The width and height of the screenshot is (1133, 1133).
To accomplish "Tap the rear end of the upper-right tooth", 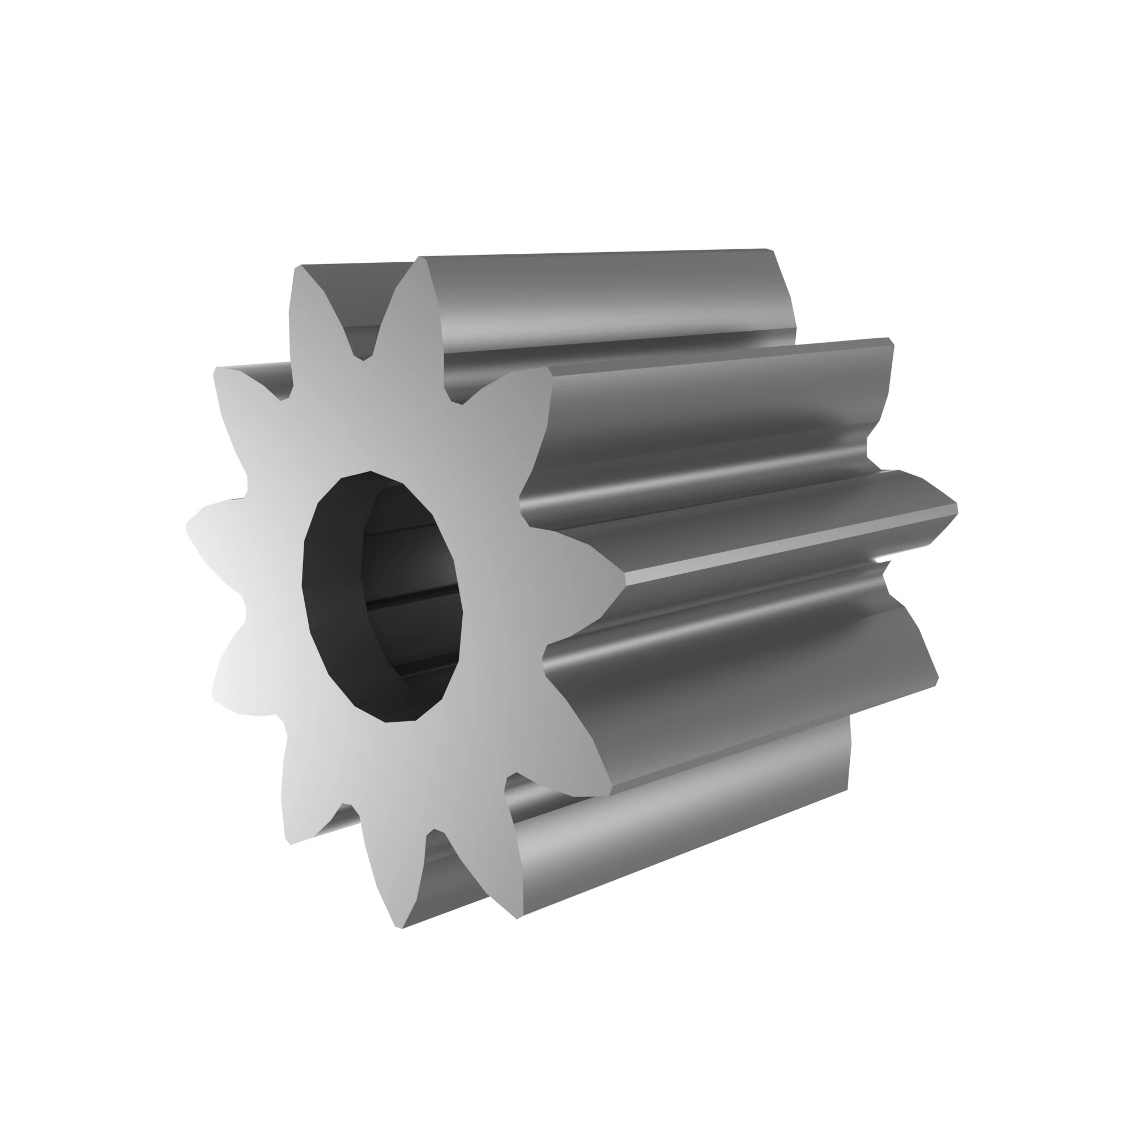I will tap(890, 341).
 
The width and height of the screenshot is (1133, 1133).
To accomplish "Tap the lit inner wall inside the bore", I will tap(411, 563).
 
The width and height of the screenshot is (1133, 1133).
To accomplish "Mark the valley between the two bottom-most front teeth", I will tap(434, 833).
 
